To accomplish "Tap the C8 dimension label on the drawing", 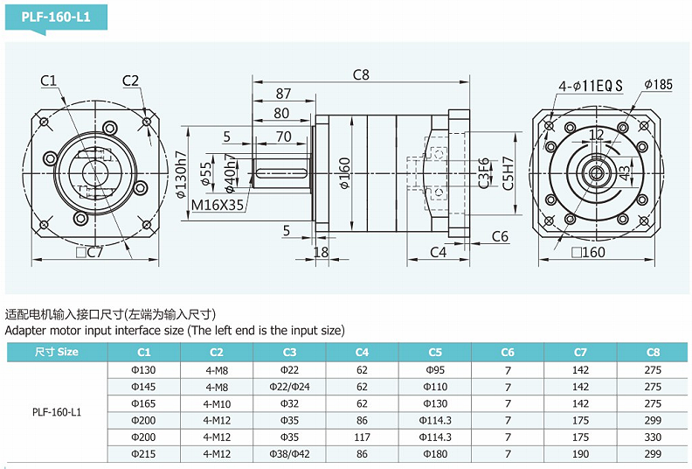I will [361, 75].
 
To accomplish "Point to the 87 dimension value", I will [283, 94].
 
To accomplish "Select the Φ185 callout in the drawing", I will [658, 84].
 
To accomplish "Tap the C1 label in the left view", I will [49, 81].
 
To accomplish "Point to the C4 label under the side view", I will [439, 253].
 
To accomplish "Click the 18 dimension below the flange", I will [321, 253].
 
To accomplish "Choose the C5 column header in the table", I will [435, 352].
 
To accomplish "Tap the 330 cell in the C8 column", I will [653, 437].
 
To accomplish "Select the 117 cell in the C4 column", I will [362, 437].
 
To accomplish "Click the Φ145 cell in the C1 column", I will [143, 386].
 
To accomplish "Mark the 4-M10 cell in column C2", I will [217, 403].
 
